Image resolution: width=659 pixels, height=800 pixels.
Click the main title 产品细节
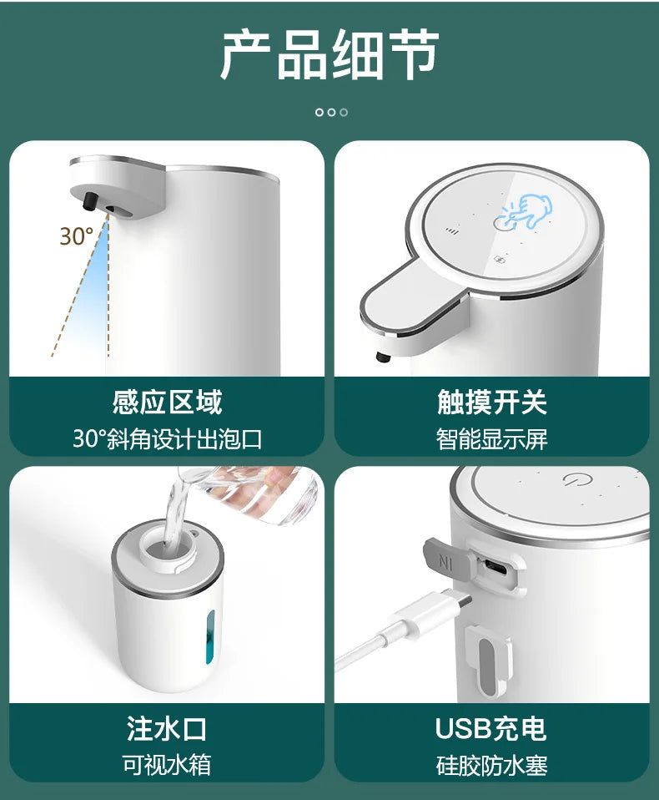329,54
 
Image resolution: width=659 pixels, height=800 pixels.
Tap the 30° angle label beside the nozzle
77,236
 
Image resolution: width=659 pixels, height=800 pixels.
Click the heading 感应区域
167,402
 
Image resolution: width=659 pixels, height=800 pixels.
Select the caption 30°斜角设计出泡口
167,438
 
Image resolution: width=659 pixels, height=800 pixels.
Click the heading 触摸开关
492,402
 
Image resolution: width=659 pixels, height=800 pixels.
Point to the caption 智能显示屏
492,438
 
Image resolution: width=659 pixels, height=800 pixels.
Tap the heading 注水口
167,728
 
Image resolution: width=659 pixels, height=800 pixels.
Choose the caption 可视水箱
167,765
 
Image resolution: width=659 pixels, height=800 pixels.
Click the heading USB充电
491,728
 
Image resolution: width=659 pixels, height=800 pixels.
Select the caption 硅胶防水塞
492,765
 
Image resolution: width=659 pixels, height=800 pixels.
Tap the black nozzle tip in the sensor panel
90,201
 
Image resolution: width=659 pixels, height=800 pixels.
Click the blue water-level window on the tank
210,637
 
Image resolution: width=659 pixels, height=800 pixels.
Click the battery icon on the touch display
501,261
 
